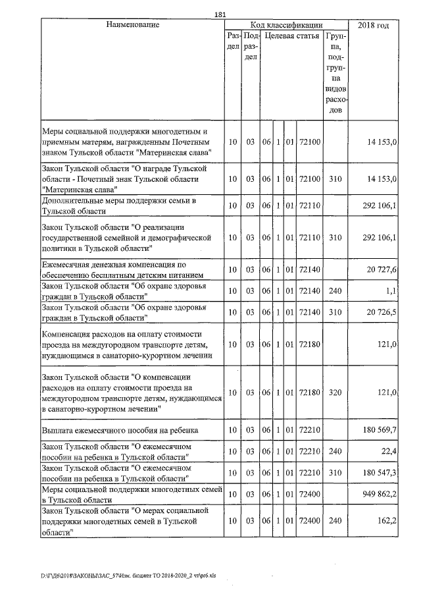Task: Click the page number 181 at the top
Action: point(220,15)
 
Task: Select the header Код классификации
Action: point(286,25)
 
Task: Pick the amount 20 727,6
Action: point(380,271)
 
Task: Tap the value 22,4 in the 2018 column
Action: point(388,451)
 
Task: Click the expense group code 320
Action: point(335,393)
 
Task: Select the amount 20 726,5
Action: point(380,312)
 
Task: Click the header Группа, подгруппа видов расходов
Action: point(335,72)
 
